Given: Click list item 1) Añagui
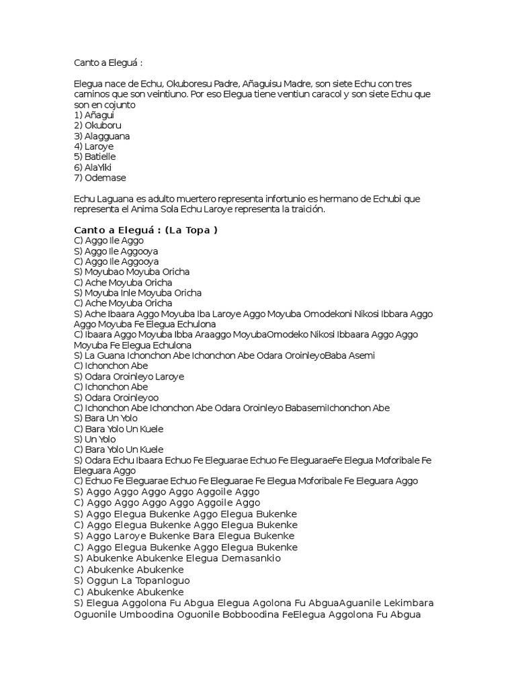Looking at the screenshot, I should (x=94, y=115).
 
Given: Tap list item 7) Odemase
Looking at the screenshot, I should (x=99, y=177).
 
